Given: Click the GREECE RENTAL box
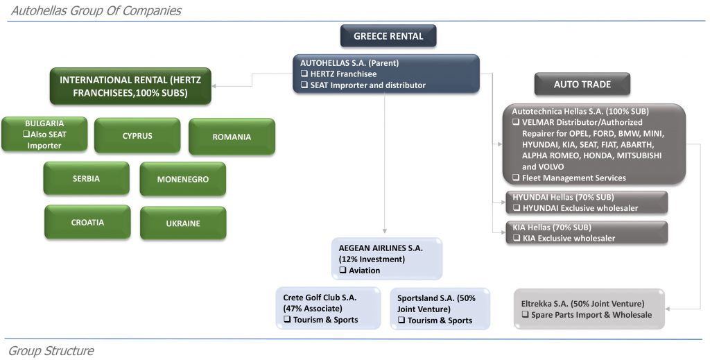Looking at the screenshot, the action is [x=388, y=36].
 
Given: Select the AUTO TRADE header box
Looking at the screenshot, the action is [x=582, y=84].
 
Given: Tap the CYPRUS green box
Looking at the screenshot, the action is [x=137, y=136].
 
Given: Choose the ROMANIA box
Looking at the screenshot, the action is [x=232, y=137].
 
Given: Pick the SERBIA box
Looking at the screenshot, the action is [x=86, y=178].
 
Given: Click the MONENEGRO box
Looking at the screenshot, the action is [x=183, y=180].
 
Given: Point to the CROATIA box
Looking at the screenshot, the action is [x=87, y=223].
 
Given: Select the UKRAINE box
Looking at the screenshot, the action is [x=183, y=223].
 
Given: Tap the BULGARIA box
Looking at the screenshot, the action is [x=44, y=134].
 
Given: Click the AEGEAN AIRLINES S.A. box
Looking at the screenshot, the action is [x=387, y=259].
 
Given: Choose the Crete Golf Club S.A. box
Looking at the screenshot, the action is [x=329, y=309].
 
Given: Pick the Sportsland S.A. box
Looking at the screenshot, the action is [x=440, y=309].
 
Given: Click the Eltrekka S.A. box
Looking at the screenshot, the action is [x=589, y=309].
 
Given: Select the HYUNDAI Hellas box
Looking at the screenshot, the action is [x=587, y=203].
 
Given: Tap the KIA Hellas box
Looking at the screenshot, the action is [x=587, y=233].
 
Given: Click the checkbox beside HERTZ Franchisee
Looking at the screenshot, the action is [x=304, y=74].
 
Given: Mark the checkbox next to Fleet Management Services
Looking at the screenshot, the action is [x=516, y=178].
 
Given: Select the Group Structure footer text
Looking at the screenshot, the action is [x=51, y=351].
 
